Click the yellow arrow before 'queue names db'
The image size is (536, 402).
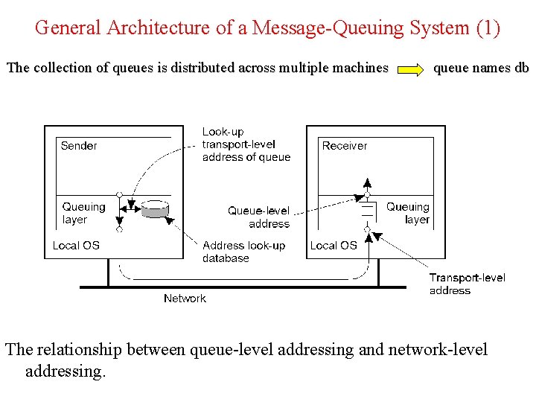coord(409,69)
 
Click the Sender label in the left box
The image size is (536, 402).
coord(78,146)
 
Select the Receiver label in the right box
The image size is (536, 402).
coord(344,146)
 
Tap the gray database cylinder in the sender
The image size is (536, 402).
coord(156,208)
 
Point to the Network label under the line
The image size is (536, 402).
coord(185,299)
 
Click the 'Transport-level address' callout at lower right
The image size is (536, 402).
coord(467,284)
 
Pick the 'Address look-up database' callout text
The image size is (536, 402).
coord(243,252)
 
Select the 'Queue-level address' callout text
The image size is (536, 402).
coord(258,217)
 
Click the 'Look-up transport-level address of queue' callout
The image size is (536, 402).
coord(246,144)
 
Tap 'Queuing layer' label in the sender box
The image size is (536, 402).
coord(83,213)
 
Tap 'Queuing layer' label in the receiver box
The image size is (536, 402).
coord(408,213)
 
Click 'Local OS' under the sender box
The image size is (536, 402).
coord(76,245)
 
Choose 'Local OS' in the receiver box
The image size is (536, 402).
coord(334,245)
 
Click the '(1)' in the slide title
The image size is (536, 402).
coord(488,28)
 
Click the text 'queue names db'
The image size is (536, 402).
coord(481,68)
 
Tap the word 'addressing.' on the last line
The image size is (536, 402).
coord(66,371)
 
